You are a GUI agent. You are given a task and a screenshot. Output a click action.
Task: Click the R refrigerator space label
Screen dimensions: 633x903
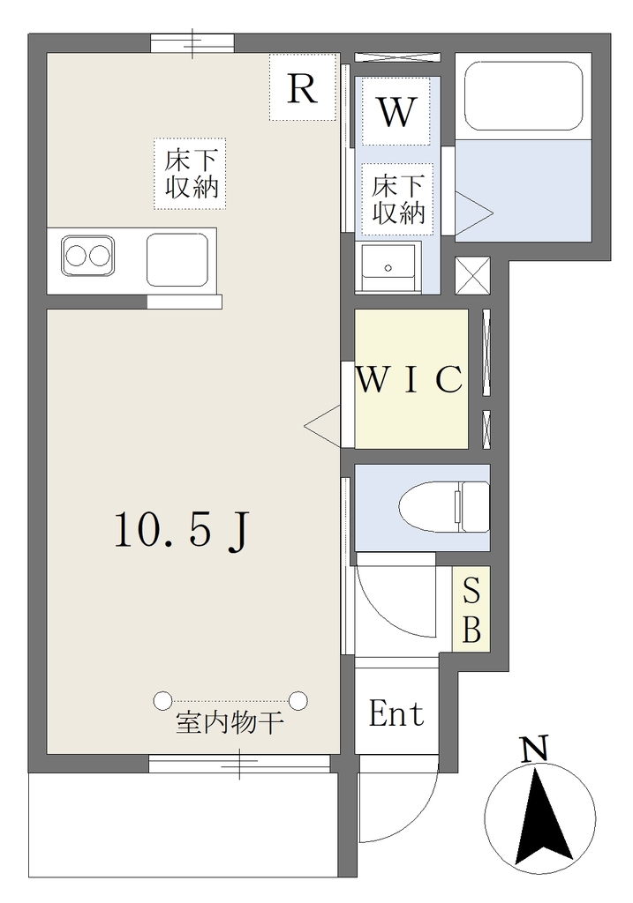[303, 89]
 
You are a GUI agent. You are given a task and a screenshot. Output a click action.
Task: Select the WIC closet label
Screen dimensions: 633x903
[410, 379]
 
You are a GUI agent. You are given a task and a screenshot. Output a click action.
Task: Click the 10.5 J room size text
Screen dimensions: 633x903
[182, 530]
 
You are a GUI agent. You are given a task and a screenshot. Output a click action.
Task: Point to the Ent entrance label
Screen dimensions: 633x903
[396, 714]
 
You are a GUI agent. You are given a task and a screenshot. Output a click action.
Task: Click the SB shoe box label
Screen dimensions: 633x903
[471, 609]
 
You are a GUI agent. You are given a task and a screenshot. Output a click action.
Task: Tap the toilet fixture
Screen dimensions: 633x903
[444, 507]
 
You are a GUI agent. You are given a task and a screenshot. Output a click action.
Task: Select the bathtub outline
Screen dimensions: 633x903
[523, 96]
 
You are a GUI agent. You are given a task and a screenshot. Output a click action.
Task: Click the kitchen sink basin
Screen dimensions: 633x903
[177, 260]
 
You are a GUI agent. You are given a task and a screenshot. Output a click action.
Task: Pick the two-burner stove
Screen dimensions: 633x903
[87, 256]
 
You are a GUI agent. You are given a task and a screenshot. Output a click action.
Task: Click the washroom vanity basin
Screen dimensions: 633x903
[388, 267]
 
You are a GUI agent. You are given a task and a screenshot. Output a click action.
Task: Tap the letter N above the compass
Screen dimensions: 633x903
[534, 750]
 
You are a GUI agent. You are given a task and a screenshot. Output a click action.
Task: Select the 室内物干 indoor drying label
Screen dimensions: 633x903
[229, 723]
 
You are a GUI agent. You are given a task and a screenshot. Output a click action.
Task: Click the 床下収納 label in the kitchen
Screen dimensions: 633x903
[191, 174]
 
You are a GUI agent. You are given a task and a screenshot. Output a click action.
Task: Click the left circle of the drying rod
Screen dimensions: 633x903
[162, 700]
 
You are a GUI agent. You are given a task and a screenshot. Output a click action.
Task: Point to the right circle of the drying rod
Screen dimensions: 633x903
[298, 700]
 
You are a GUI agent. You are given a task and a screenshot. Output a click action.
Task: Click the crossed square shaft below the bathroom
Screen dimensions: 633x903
[472, 275]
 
